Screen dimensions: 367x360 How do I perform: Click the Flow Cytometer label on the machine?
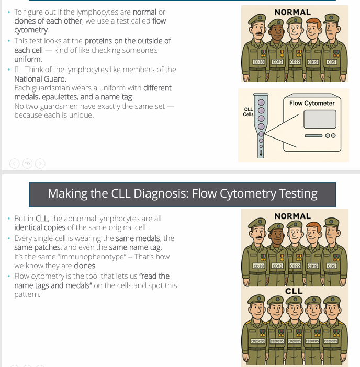coord(312,103)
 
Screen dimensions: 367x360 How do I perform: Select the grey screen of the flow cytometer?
coord(312,120)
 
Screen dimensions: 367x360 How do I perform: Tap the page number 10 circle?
coord(27,164)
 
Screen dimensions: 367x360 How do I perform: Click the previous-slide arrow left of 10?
coord(15,164)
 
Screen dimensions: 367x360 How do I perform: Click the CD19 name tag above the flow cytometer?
coord(313,62)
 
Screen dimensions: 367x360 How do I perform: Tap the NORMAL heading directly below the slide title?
coord(292,216)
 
